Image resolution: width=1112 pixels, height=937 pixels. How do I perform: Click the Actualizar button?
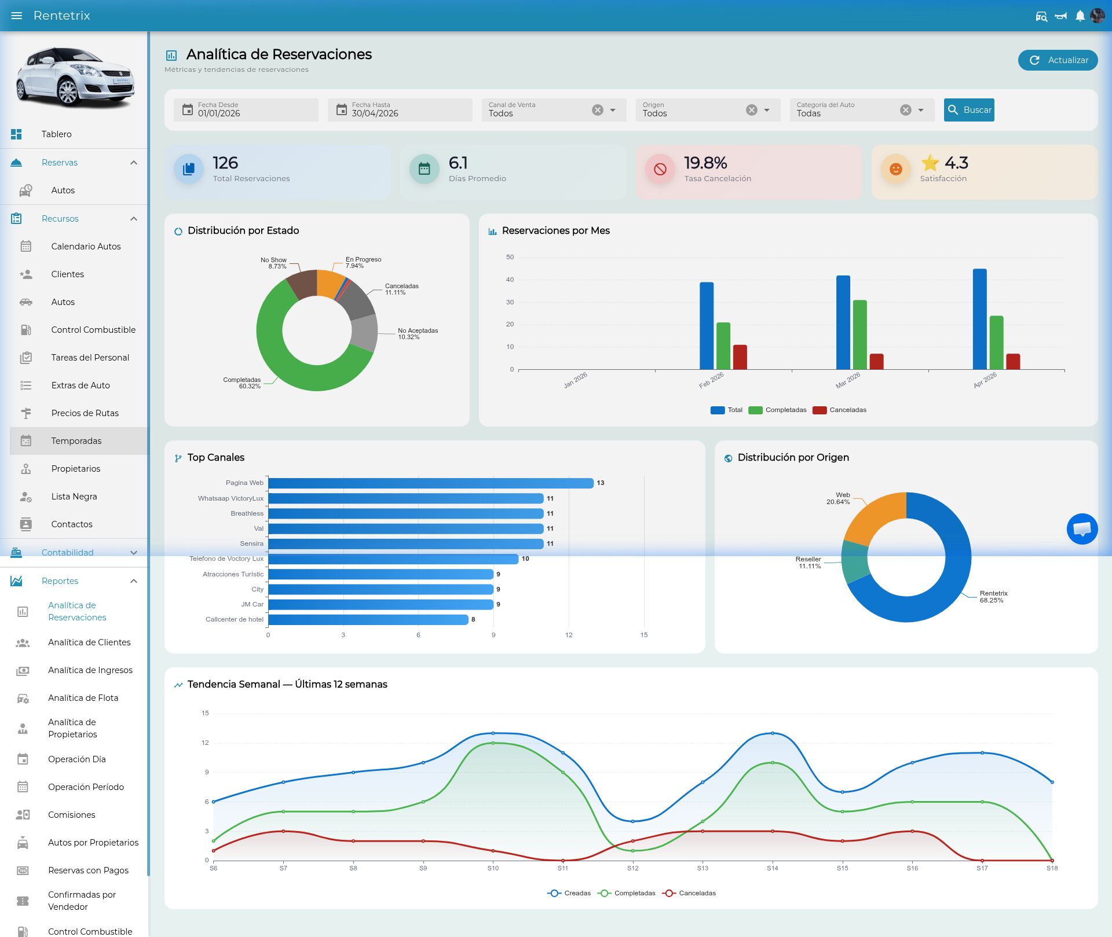click(1058, 60)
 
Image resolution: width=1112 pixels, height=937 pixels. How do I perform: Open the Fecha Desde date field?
click(246, 110)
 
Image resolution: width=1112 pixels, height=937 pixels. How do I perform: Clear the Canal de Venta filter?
click(598, 110)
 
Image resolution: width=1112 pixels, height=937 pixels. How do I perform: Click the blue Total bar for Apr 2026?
click(980, 319)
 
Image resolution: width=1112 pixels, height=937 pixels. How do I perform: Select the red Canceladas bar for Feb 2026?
click(740, 357)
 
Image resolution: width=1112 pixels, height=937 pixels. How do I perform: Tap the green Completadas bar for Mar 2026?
click(860, 335)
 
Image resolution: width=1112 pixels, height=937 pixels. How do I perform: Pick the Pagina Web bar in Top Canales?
click(431, 483)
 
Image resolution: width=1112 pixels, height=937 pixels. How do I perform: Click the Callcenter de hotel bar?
click(368, 619)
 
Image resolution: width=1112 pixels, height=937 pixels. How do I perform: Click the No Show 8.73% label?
click(274, 263)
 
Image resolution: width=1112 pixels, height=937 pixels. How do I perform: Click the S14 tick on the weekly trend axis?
click(773, 868)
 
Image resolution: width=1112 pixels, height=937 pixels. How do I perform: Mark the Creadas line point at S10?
click(493, 733)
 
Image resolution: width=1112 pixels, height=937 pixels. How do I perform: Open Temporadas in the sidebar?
click(76, 441)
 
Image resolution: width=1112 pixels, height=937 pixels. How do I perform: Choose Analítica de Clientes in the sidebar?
click(89, 642)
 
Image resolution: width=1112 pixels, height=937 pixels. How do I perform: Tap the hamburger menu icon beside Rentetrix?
click(17, 16)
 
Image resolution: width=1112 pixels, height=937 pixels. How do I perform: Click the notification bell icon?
click(1080, 16)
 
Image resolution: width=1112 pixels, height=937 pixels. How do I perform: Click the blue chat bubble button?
click(1082, 529)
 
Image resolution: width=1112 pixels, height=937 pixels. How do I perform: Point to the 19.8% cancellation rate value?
click(705, 163)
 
